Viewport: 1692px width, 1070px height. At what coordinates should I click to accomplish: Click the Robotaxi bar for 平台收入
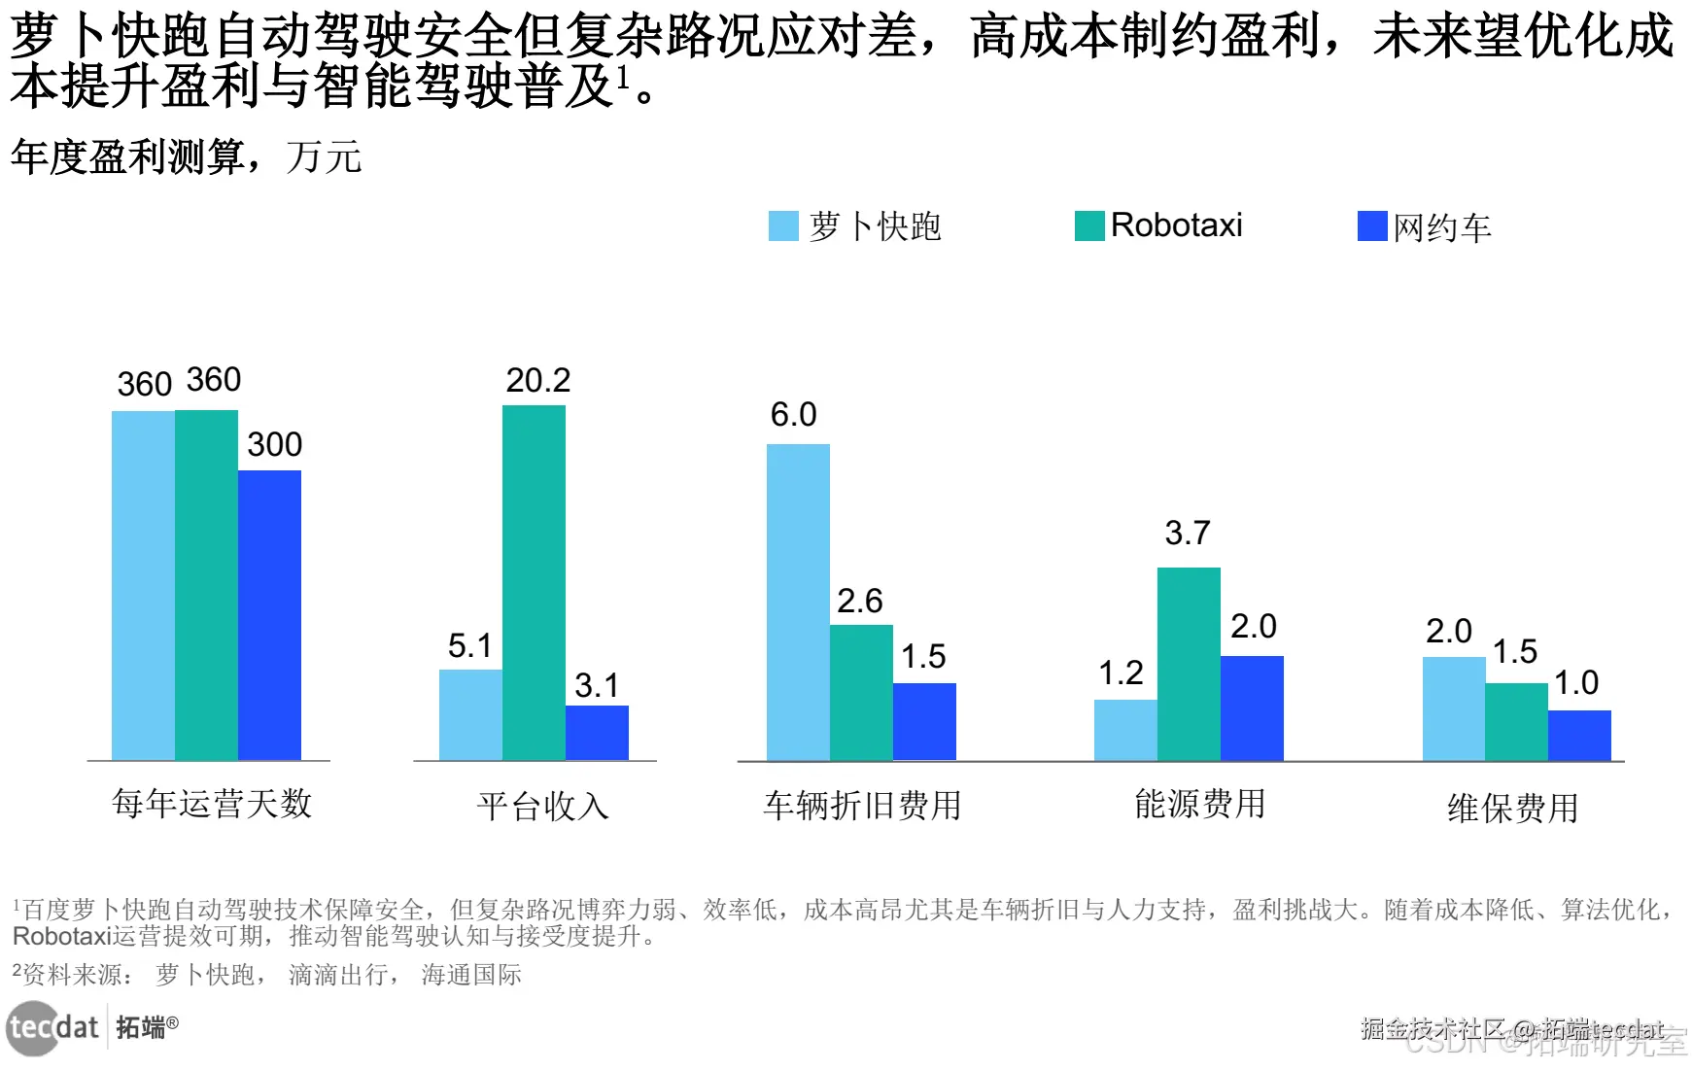[534, 582]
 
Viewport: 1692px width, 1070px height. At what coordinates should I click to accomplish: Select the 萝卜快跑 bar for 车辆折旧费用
[798, 602]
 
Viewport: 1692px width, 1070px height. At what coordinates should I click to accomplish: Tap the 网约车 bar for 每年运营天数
[269, 614]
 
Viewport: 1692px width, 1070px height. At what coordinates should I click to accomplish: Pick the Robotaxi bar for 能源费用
[1189, 663]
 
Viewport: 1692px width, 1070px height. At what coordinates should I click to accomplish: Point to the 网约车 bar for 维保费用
[1579, 735]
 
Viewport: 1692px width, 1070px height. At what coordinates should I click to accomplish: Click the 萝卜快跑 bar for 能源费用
[1125, 729]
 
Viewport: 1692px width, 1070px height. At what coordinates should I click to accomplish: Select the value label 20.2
[537, 380]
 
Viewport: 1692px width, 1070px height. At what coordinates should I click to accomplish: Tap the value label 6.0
[793, 415]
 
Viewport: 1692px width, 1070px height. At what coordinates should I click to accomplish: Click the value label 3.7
[1188, 533]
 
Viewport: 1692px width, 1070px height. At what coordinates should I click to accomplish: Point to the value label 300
[274, 444]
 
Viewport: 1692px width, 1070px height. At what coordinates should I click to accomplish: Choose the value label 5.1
[469, 645]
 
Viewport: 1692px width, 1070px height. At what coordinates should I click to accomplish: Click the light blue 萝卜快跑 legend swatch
[783, 226]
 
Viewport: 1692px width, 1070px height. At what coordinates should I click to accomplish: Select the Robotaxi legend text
[1176, 225]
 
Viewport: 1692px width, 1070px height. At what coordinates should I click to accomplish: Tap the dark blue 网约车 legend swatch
[1371, 226]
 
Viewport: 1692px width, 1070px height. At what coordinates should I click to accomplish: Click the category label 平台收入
[542, 806]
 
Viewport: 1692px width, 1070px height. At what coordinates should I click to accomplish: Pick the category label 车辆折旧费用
[862, 805]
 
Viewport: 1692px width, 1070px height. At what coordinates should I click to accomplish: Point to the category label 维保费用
[1512, 808]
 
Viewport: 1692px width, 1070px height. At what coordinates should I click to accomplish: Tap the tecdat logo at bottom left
[53, 1027]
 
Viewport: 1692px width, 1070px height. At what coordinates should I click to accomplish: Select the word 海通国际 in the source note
[471, 975]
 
